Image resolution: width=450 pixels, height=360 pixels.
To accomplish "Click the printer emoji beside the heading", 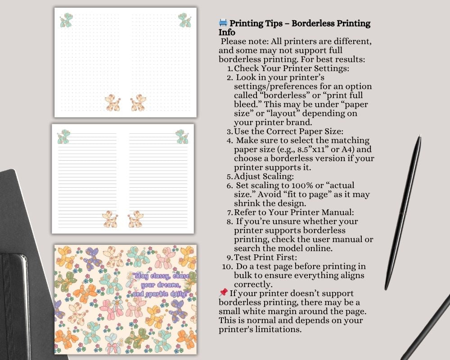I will (x=223, y=23).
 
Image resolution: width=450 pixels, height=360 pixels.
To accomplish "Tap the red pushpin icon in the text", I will (x=223, y=293).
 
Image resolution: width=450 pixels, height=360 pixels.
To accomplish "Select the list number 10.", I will (x=227, y=266).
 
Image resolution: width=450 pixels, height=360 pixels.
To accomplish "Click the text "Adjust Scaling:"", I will (x=264, y=176).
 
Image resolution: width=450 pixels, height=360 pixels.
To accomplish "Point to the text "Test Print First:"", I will (x=265, y=257).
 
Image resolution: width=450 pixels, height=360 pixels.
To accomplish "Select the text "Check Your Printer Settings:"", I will (x=292, y=68).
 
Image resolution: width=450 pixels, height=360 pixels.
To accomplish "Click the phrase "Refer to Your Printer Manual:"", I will (x=294, y=212).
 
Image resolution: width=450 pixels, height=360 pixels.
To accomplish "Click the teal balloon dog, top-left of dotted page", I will (x=67, y=20).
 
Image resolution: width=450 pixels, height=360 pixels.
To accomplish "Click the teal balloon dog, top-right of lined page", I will (x=181, y=136).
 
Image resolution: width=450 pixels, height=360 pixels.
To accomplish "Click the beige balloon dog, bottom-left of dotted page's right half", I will (x=138, y=103).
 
